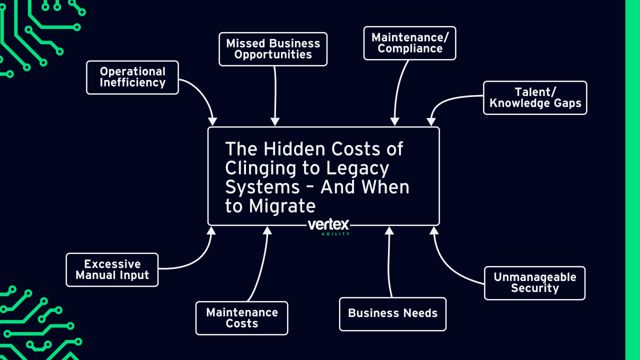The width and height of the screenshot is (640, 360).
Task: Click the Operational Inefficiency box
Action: [132, 77]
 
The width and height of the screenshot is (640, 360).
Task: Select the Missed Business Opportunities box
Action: [273, 49]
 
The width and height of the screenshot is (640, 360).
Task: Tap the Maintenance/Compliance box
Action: [409, 43]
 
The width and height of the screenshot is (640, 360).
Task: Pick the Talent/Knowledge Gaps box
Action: [535, 97]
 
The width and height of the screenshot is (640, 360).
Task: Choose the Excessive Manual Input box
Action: [112, 269]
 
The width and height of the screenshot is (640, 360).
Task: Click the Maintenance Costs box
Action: [241, 318]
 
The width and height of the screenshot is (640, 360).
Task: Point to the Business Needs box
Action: [392, 313]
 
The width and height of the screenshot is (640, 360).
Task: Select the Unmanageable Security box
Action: [534, 283]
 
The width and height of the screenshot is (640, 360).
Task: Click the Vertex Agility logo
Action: [328, 226]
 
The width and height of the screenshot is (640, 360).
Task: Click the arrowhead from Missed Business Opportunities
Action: [275, 122]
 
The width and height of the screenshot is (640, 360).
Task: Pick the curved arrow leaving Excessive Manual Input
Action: [192, 262]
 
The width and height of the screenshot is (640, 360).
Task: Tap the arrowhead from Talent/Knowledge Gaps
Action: [431, 122]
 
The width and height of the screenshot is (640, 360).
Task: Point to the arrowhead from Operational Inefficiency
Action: [212, 121]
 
